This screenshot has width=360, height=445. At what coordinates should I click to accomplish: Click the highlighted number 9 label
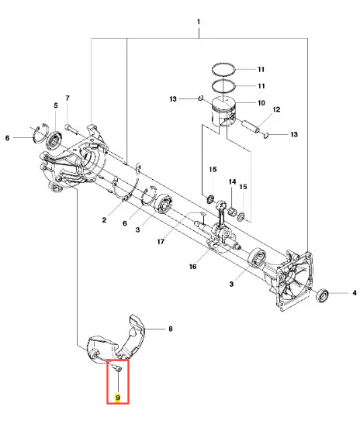[x=118, y=398]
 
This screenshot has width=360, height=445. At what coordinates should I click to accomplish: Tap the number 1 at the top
[x=199, y=22]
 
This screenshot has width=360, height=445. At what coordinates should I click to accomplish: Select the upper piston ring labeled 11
[x=223, y=69]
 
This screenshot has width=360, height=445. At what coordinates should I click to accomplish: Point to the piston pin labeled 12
[x=250, y=126]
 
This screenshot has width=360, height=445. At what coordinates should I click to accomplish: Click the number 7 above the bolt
[x=67, y=98]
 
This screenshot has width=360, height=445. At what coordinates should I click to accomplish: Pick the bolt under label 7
[x=72, y=129]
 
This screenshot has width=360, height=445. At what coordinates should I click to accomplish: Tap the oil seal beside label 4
[x=323, y=295]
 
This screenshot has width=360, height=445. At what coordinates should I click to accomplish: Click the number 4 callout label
[x=355, y=292]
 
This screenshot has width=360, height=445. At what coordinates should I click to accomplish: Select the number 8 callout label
[x=171, y=329]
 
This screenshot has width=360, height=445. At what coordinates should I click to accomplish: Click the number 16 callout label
[x=192, y=267]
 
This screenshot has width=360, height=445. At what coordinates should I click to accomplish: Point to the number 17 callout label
[x=161, y=242]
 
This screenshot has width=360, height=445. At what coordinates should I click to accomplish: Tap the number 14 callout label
[x=232, y=181]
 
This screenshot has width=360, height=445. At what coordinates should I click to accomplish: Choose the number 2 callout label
[x=104, y=220]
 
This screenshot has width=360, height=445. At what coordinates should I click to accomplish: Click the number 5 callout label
[x=56, y=105]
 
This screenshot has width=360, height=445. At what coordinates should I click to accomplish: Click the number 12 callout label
[x=276, y=109]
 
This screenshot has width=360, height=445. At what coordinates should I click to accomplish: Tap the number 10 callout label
[x=261, y=103]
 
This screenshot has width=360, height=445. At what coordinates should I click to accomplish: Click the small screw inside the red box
[x=117, y=367]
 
